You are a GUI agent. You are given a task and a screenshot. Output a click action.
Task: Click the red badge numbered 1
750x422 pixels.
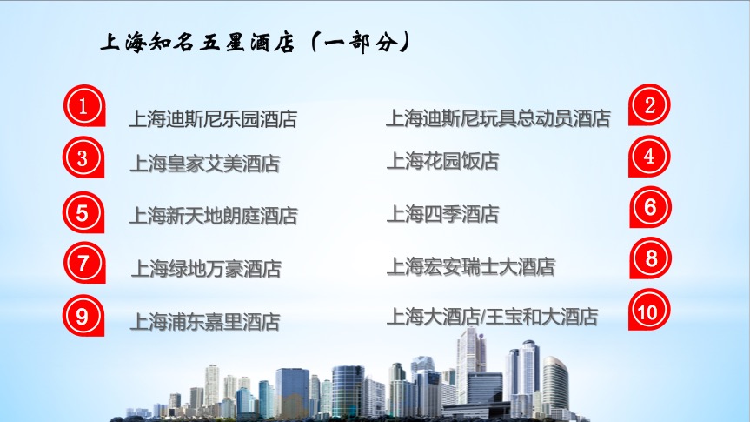(x=84, y=106)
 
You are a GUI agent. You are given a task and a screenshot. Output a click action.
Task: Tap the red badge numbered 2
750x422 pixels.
(x=649, y=105)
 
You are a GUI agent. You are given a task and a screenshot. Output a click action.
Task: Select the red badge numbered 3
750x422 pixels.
(x=83, y=157)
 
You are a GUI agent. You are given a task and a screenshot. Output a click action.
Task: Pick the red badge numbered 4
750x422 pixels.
(x=649, y=156)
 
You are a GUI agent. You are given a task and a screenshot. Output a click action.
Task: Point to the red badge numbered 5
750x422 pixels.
(x=83, y=212)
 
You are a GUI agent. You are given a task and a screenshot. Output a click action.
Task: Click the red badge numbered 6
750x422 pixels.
(x=651, y=207)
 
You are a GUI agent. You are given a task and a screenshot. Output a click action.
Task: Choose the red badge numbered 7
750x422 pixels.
(x=84, y=263)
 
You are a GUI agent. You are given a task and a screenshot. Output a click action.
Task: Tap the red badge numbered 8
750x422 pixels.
(x=651, y=258)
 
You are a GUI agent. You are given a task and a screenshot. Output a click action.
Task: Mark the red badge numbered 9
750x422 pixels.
(x=83, y=316)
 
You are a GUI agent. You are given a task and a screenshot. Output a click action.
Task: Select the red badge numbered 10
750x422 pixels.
(x=649, y=310)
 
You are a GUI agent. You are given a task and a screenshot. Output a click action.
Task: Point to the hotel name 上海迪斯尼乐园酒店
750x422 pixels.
(x=213, y=119)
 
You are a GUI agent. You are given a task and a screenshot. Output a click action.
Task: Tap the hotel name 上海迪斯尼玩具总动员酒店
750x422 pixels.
(x=498, y=118)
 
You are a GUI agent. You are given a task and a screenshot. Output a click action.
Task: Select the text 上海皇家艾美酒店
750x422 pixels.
(x=205, y=164)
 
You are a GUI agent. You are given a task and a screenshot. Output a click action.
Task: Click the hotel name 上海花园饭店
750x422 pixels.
(x=443, y=161)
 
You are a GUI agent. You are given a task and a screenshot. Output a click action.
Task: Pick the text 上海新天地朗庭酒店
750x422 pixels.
(x=214, y=216)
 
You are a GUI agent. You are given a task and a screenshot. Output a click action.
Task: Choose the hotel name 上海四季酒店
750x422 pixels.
(x=443, y=214)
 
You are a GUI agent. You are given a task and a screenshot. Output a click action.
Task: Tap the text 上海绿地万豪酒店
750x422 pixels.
(x=206, y=269)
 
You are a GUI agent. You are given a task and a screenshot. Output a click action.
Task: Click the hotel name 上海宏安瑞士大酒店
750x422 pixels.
(x=471, y=267)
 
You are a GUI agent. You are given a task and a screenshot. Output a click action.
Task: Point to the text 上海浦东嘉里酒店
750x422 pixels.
(x=205, y=322)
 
